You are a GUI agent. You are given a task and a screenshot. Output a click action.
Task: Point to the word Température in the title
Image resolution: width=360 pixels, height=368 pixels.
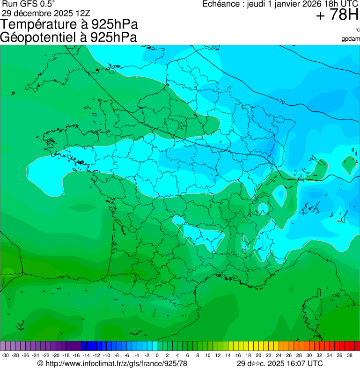pos(41,24)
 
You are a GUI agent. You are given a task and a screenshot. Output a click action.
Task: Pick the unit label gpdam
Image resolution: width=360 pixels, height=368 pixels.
pos(351,38)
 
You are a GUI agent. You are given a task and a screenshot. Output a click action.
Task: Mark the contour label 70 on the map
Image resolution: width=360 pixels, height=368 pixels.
pos(281,102)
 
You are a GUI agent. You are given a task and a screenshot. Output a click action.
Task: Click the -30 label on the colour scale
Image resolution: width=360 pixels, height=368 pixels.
pos(6,355)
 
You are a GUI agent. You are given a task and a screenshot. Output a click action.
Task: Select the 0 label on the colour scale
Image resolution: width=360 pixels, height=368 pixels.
pos(157,355)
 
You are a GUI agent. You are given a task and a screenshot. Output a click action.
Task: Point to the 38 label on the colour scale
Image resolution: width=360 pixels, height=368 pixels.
pos(349,355)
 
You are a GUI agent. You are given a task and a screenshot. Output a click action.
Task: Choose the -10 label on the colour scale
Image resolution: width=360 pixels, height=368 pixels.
pos(107,355)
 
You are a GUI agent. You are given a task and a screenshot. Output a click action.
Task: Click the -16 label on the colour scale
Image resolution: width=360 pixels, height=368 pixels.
pos(76,355)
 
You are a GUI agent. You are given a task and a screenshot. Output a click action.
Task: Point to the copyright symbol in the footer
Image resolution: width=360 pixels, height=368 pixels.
pos(40,363)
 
